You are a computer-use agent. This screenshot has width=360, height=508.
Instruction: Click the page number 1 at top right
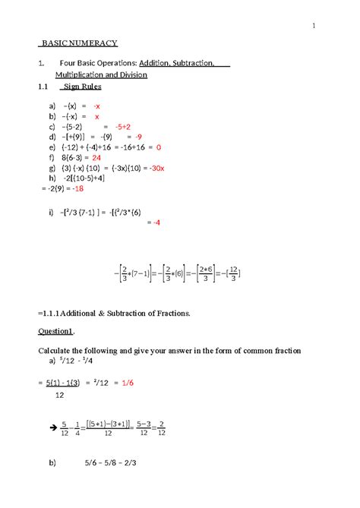coord(313,28)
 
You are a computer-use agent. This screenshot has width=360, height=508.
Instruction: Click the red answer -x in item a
coord(96,106)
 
